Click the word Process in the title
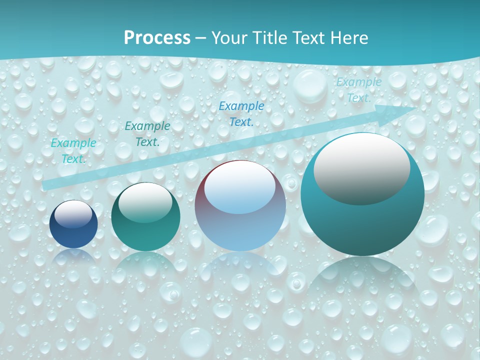[157, 38]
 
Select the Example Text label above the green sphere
[147, 134]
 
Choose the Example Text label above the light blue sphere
[241, 113]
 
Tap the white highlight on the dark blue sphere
[73, 214]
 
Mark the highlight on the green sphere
[145, 202]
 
